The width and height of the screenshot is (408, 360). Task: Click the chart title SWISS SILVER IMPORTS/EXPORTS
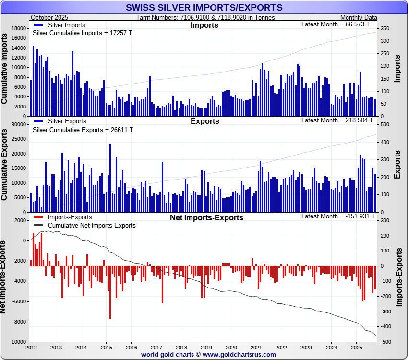pyautogui.click(x=204, y=8)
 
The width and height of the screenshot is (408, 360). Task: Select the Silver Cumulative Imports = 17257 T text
pyautogui.click(x=82, y=33)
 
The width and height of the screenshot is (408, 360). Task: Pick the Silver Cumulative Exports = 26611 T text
pyautogui.click(x=82, y=130)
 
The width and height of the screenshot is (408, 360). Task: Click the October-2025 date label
pyautogui.click(x=49, y=17)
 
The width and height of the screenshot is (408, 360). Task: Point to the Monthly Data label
pyautogui.click(x=359, y=17)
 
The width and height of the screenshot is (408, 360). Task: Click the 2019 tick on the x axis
pyautogui.click(x=206, y=347)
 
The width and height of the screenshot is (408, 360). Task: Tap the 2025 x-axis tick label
pyautogui.click(x=356, y=347)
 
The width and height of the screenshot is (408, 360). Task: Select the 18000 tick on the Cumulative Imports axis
pyautogui.click(x=18, y=29)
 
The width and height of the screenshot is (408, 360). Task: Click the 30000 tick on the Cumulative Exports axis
pyautogui.click(x=18, y=124)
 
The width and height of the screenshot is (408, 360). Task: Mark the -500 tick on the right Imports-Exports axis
pyautogui.click(x=386, y=342)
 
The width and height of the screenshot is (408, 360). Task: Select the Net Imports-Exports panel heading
pyautogui.click(x=206, y=217)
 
